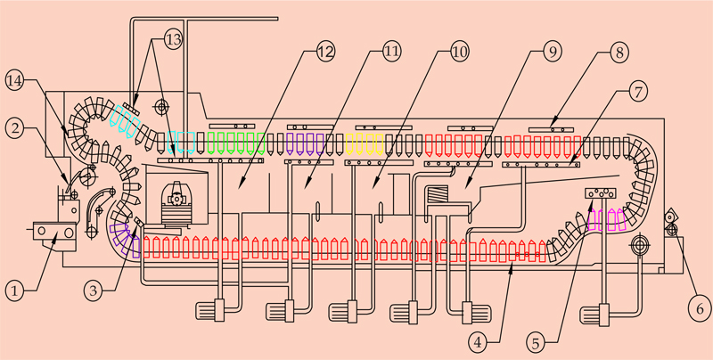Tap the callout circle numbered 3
coord(98,289)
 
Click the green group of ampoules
coord(236,142)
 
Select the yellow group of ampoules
coord(363,143)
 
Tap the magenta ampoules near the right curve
coord(603,218)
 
